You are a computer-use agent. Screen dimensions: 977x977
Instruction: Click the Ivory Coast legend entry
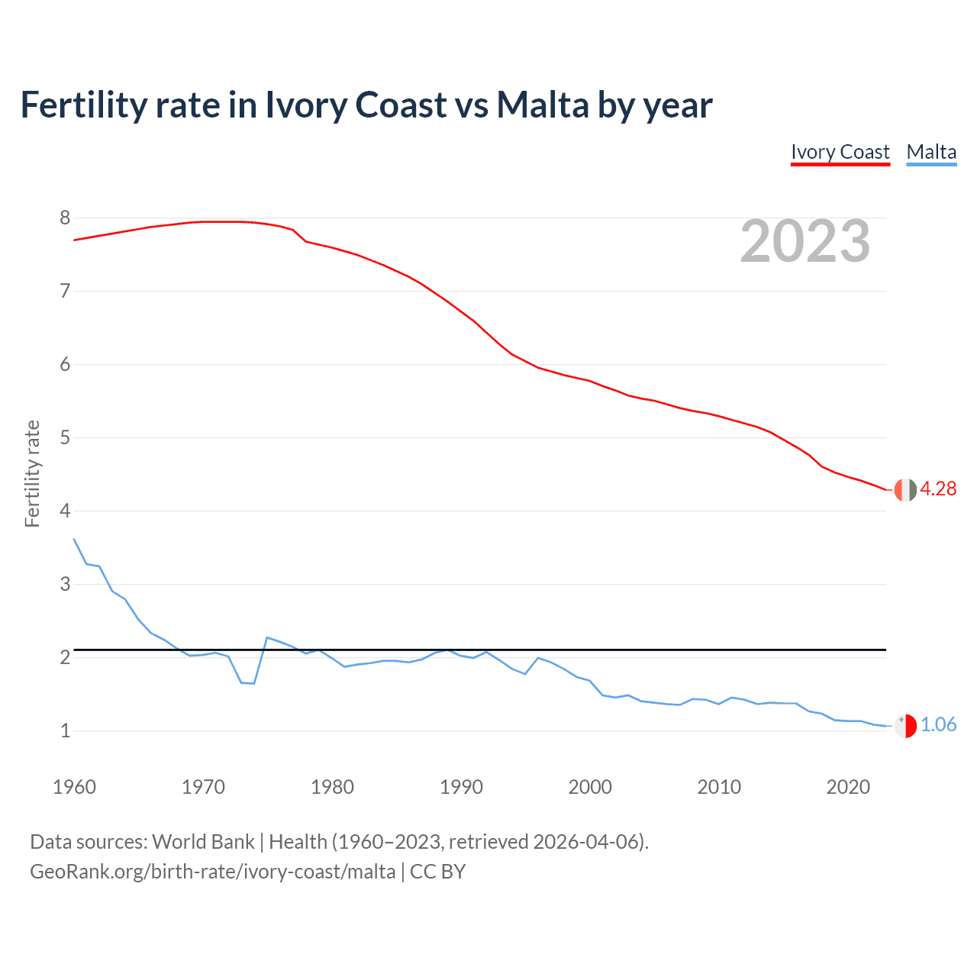click(x=840, y=152)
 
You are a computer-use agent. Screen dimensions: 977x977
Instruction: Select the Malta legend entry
click(x=931, y=152)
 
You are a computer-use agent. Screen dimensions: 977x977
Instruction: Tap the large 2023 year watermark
click(x=805, y=241)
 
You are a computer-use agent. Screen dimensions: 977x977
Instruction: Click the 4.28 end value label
click(x=938, y=488)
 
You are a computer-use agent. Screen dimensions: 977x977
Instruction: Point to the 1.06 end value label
click(x=938, y=724)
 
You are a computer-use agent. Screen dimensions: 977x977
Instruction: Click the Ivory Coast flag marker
click(x=905, y=489)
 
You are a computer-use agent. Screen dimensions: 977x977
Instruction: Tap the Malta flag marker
click(x=905, y=725)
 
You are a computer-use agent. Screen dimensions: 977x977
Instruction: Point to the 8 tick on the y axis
click(x=65, y=218)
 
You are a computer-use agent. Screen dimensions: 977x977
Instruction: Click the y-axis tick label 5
click(x=65, y=438)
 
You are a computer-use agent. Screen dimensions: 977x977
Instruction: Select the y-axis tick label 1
click(x=65, y=731)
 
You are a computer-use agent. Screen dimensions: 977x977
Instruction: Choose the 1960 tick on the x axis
click(x=74, y=787)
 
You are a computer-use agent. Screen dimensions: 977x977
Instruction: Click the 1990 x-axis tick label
click(x=461, y=787)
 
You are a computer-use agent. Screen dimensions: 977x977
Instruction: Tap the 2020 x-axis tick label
click(x=848, y=787)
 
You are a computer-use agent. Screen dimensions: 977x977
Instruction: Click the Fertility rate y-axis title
click(x=32, y=473)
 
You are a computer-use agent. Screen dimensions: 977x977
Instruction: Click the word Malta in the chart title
click(x=543, y=105)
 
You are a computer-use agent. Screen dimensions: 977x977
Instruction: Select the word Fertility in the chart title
click(x=83, y=105)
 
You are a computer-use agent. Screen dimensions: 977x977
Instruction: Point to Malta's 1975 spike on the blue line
click(x=267, y=637)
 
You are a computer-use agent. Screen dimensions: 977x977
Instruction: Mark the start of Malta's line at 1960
click(x=74, y=539)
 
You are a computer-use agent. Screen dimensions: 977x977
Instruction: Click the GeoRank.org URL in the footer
click(x=212, y=872)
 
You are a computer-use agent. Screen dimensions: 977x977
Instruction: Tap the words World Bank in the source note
click(x=203, y=841)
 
